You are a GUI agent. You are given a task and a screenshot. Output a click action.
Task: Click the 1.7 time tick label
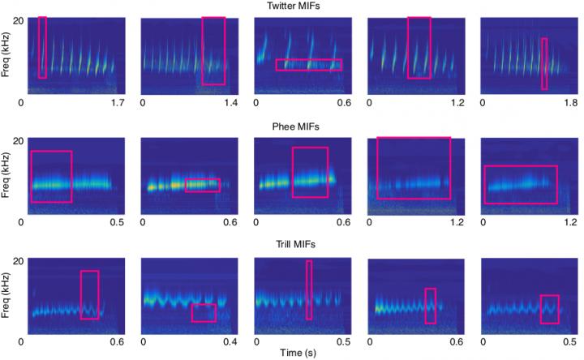click(117, 103)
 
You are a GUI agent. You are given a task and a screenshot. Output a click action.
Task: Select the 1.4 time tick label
click(231, 103)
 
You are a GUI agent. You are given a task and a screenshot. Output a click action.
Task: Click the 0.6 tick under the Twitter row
click(344, 103)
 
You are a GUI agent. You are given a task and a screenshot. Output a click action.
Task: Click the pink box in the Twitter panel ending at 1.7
click(42, 47)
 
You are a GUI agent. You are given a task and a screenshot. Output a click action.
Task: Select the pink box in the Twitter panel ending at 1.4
click(213, 50)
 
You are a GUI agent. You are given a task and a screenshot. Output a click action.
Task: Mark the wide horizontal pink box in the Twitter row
click(308, 65)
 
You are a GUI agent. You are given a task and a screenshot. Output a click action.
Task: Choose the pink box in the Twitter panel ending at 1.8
click(544, 63)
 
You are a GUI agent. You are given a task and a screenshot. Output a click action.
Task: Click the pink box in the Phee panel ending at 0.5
click(51, 176)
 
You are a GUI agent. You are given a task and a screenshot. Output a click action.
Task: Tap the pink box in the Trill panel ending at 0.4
click(204, 313)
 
